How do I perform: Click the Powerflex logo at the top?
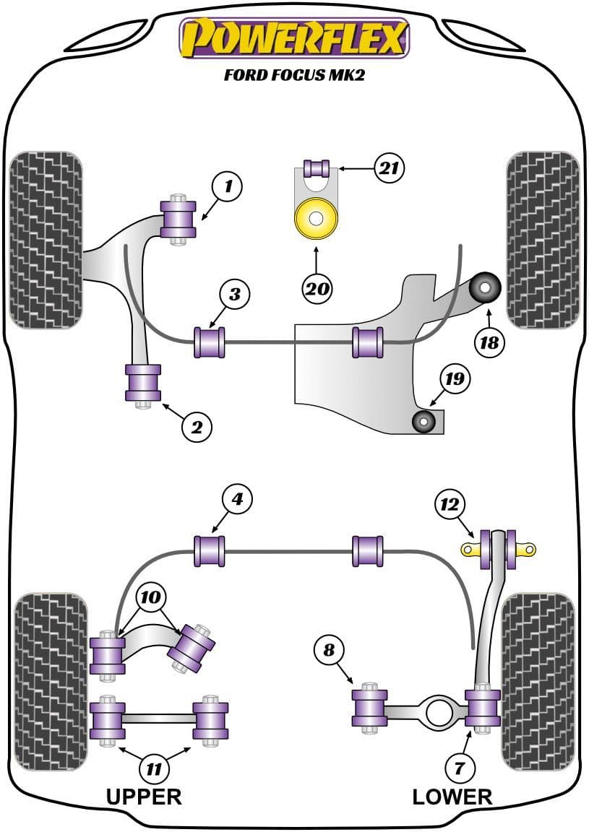[x=294, y=38]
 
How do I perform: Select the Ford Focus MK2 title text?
[x=294, y=74]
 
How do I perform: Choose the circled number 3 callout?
[x=236, y=294]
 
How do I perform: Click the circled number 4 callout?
[x=238, y=498]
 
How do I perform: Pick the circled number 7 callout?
[x=460, y=767]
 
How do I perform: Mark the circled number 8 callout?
[x=330, y=650]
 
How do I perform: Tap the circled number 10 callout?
[x=152, y=597]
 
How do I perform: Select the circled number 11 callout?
[x=152, y=769]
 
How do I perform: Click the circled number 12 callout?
[x=450, y=504]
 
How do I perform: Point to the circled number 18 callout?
[x=489, y=342]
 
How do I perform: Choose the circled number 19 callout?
[x=456, y=378]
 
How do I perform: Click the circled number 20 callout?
[x=317, y=289]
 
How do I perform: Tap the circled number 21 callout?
[x=389, y=168]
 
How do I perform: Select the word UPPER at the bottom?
[x=144, y=797]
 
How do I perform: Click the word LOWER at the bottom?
[x=452, y=797]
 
